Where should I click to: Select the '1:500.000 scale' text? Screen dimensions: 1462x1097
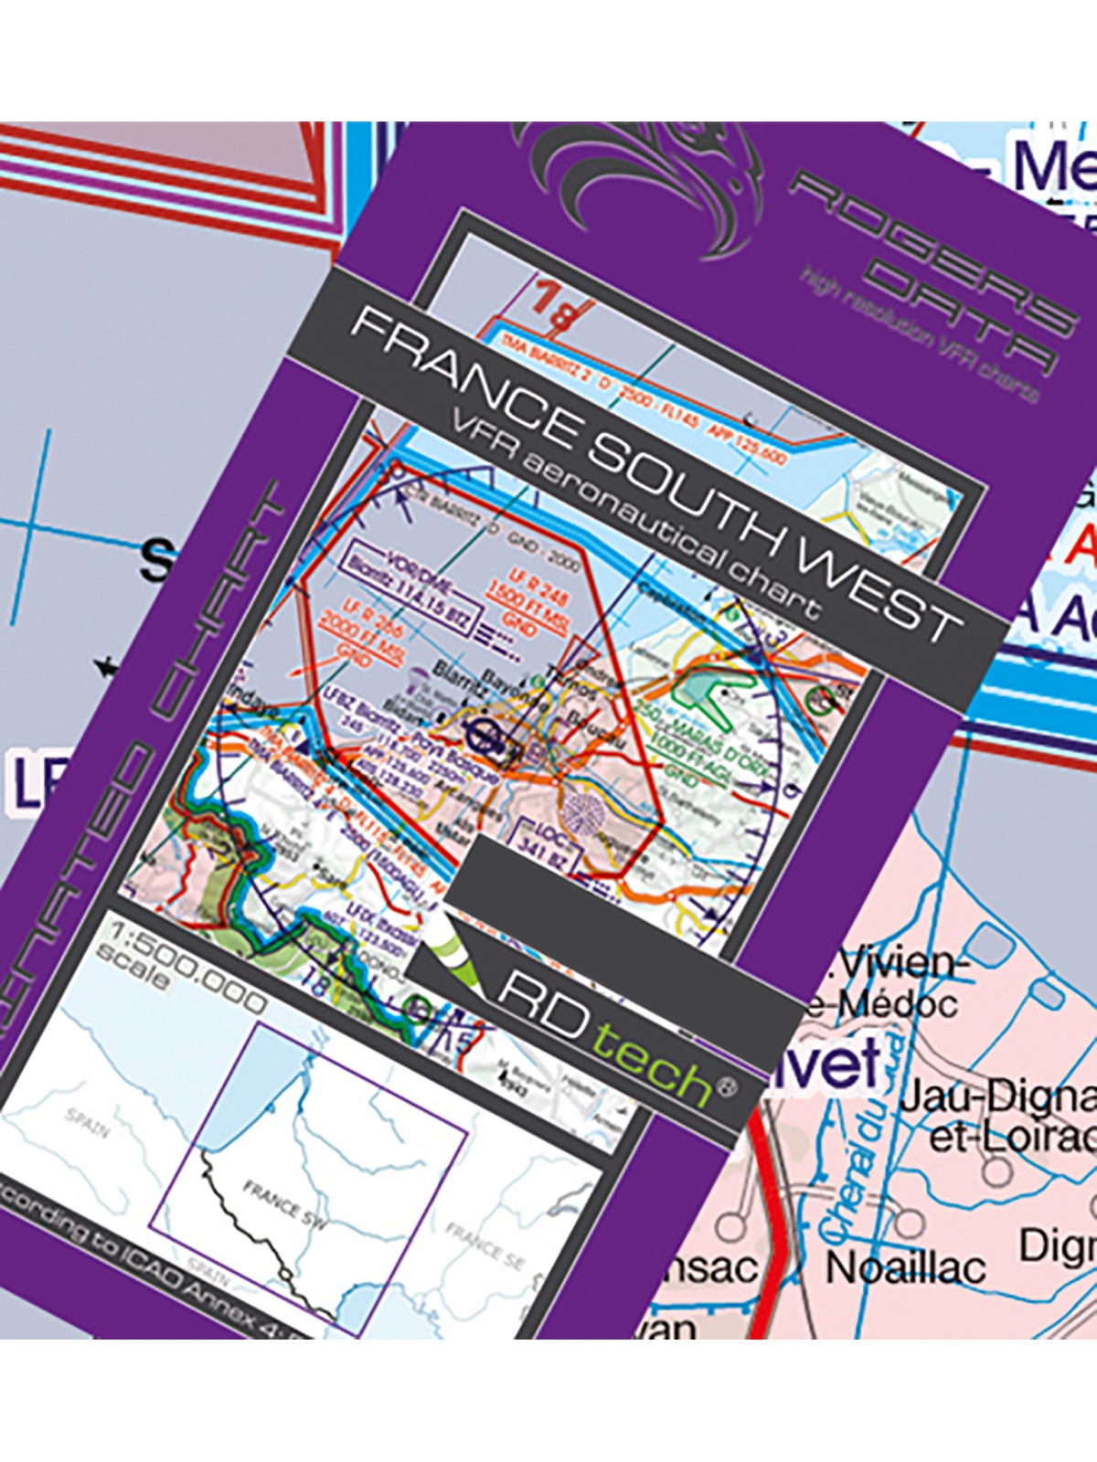[183, 978]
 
